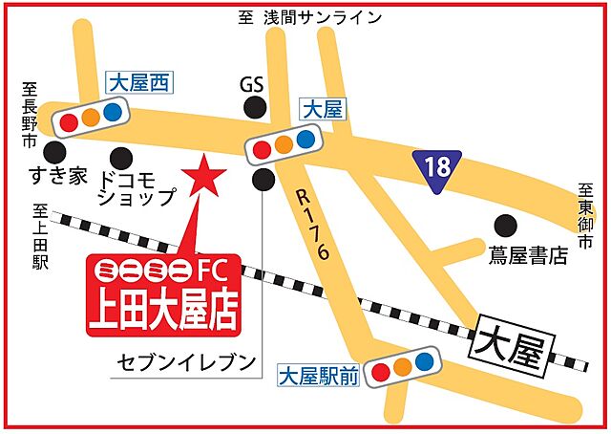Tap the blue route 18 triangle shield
[x=437, y=167]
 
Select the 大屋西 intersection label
[x=137, y=84]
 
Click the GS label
[x=251, y=84]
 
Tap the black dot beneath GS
[x=254, y=108]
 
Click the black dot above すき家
[x=56, y=153]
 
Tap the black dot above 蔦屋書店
[x=504, y=226]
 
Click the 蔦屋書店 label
[x=527, y=255]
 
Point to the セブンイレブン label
[x=187, y=361]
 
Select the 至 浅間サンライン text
[x=309, y=17]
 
